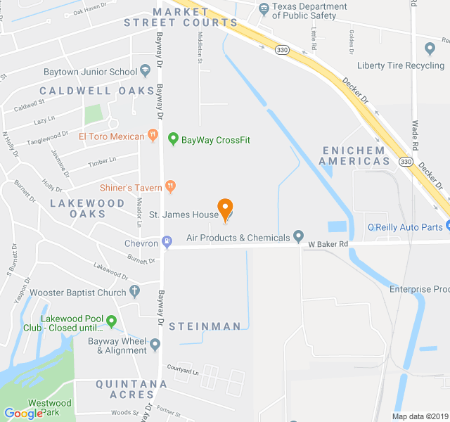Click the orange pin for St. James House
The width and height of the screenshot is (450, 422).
pos(225,208)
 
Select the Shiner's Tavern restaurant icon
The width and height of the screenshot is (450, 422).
pos(169,186)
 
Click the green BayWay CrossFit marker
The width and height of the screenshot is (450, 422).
pos(173,139)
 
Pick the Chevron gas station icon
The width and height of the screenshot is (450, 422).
pos(167,243)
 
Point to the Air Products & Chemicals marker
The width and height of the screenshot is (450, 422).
pos(298,237)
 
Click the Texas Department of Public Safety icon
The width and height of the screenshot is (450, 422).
pos(264,9)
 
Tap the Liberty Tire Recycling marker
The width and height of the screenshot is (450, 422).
pos(430,48)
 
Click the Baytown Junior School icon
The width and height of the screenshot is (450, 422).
pos(145,71)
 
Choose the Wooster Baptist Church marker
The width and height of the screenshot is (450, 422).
pos(134,292)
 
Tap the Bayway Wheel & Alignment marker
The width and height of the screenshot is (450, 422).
pos(155,345)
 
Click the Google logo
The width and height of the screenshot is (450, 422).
pos(23,414)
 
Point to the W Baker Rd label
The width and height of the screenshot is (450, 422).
pos(328,244)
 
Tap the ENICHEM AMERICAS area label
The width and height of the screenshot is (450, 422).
pos(354,155)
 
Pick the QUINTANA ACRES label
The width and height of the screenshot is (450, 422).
pos(131,389)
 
